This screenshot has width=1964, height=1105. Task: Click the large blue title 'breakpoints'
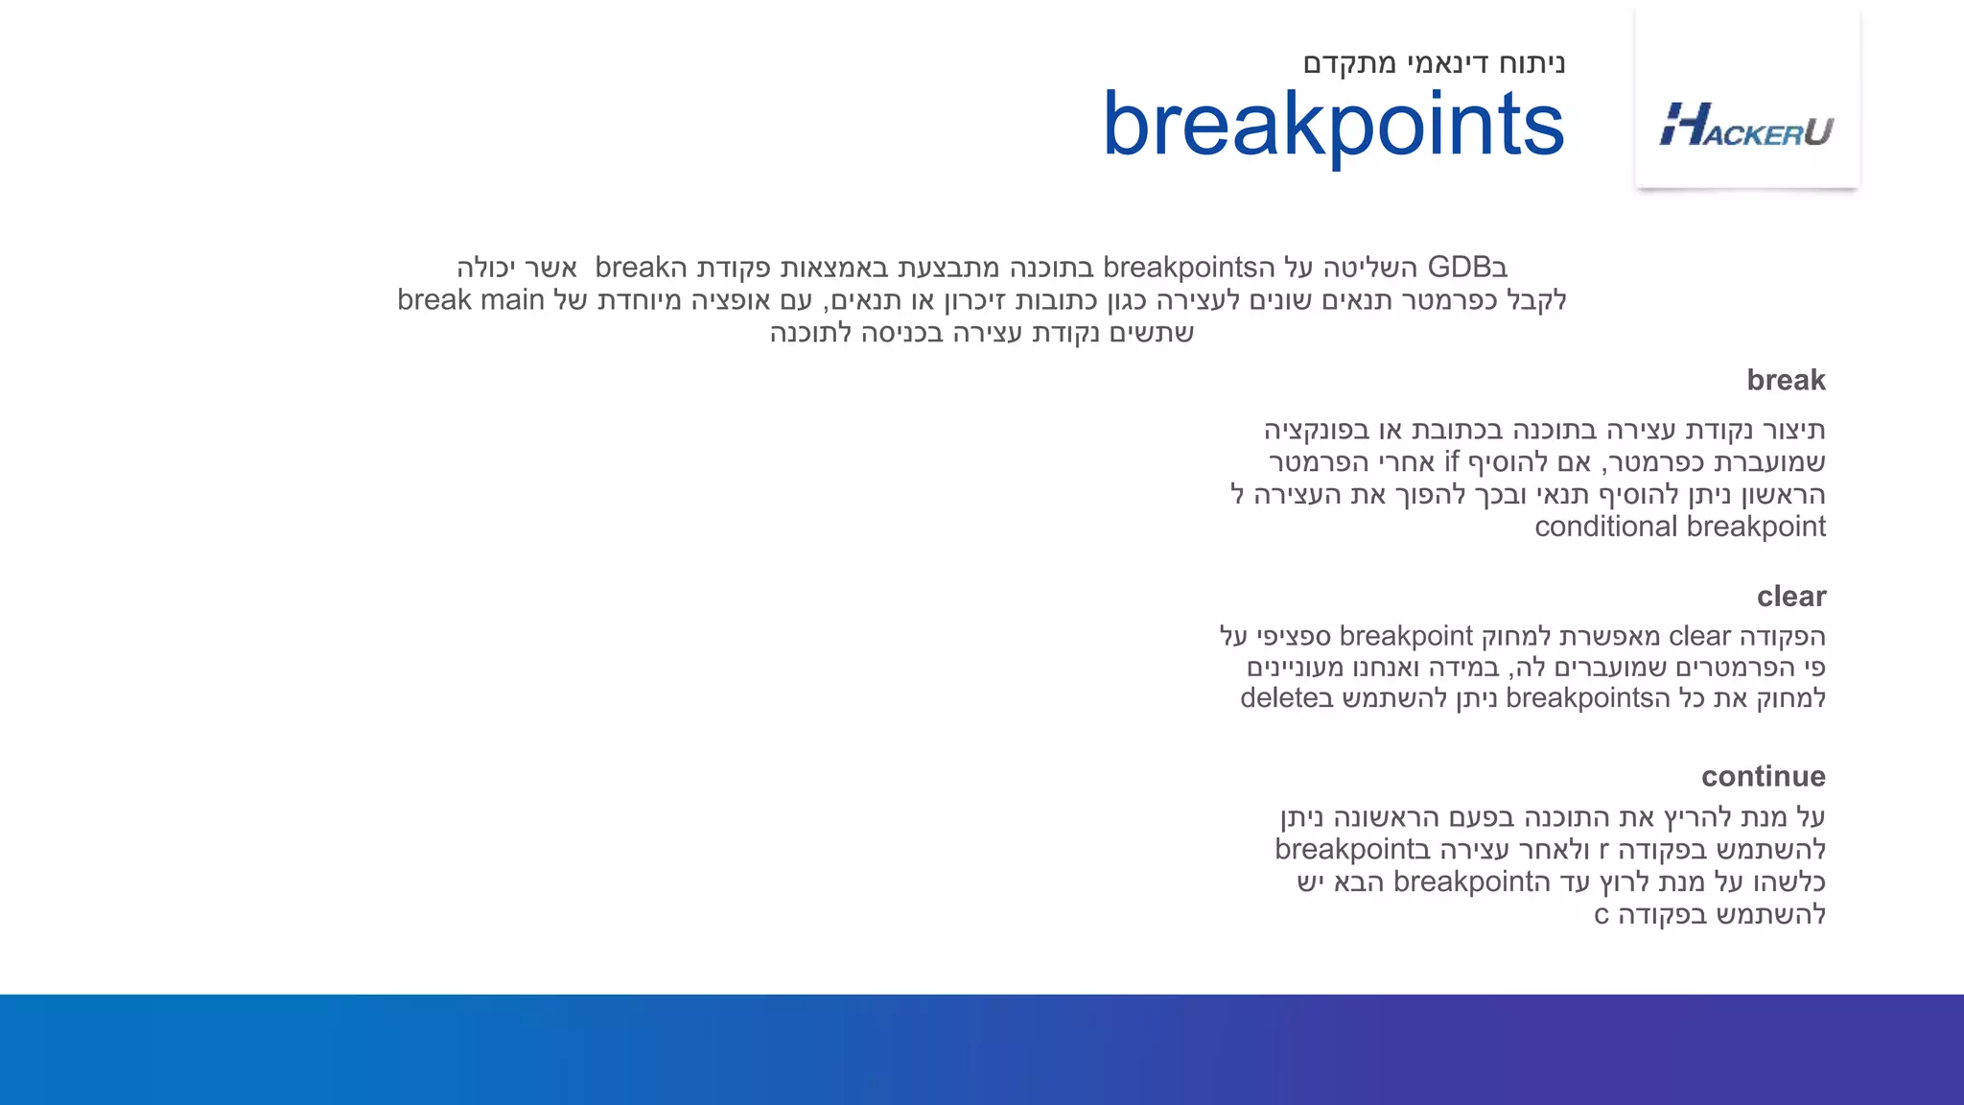[x=1333, y=125]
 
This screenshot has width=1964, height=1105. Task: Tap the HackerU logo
[x=1746, y=126]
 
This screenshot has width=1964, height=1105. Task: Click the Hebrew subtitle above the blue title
[x=1434, y=63]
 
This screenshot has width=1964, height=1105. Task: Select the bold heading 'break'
[x=1786, y=380]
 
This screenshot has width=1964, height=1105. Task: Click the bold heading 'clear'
[x=1790, y=597]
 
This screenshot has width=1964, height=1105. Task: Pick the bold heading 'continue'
[x=1763, y=776]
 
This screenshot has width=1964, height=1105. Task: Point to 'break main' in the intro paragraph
[x=470, y=300]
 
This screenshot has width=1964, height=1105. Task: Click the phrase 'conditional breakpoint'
[x=1679, y=527]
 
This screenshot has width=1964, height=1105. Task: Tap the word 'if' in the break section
[x=1451, y=462]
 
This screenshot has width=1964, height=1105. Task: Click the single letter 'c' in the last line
[x=1601, y=915]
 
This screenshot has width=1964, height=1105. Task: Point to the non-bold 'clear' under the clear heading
[x=1699, y=636]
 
